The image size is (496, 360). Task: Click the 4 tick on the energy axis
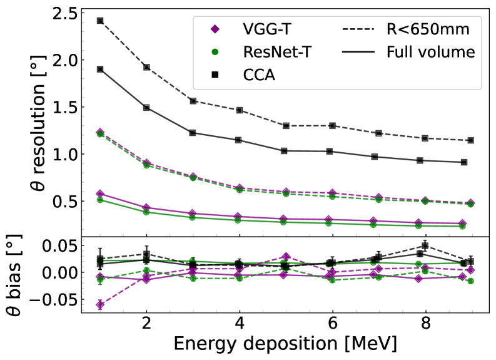point(240,326)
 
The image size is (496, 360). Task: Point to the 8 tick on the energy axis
point(425,326)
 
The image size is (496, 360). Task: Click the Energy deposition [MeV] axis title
point(286,345)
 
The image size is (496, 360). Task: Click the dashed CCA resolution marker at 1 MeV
point(100,21)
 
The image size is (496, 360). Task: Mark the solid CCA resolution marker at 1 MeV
point(100,69)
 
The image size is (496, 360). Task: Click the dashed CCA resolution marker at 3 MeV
point(193,101)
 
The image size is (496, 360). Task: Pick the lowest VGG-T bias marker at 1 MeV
point(100,305)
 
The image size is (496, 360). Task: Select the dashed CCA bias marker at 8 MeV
point(425,245)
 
